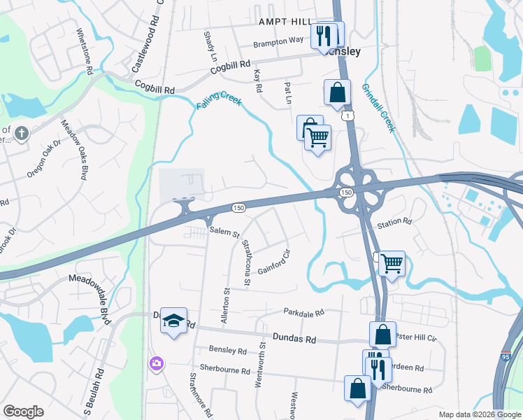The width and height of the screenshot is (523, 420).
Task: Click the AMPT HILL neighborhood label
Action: pos(287,22)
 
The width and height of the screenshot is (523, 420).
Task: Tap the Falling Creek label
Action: pos(219,101)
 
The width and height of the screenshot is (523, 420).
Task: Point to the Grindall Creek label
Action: pos(378,108)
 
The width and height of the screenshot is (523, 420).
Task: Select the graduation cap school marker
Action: pos(173,321)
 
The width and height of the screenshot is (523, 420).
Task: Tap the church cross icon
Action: pos(22,132)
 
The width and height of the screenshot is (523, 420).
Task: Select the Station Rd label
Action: pos(394,223)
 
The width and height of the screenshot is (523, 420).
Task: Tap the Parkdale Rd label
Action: pos(304,312)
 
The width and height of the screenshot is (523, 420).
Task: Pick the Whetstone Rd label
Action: pos(84,52)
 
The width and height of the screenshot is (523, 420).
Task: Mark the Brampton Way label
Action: pos(279,42)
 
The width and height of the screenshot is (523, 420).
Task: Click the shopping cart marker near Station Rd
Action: pos(392,264)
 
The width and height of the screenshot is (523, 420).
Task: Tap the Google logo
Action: pos(23,412)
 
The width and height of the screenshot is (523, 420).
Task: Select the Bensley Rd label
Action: pos(228,351)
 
